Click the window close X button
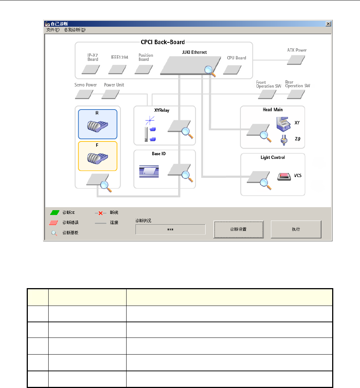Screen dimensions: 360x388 (328, 24)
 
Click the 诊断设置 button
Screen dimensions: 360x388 (239, 229)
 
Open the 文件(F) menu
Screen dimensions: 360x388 (53, 30)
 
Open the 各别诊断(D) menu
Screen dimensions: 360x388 (75, 30)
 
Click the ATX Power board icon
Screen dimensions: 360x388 (297, 59)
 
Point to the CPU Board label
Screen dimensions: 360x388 (236, 58)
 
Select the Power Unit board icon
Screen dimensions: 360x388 (111, 94)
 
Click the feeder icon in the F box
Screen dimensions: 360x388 (97, 158)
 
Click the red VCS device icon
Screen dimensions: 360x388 (284, 176)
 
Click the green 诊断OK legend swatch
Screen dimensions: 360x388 (55, 213)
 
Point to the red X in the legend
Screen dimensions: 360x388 (101, 213)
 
